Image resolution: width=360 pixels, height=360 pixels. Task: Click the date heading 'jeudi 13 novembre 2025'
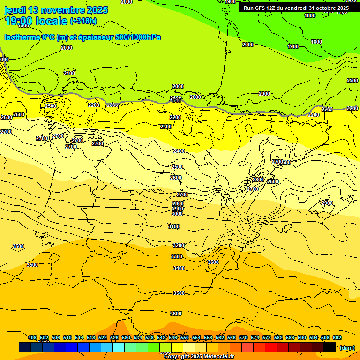point(56,10)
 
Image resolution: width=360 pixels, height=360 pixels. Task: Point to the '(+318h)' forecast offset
point(83,21)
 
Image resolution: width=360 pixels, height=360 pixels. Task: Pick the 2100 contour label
point(69,73)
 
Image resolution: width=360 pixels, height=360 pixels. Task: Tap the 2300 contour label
point(166,127)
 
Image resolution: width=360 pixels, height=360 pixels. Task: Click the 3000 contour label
point(177,214)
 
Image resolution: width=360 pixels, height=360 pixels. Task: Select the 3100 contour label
point(174,227)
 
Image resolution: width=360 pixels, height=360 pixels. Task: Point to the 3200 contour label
point(179,246)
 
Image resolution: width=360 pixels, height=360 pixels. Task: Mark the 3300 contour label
point(177,257)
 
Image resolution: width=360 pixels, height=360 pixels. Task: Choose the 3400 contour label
point(179,269)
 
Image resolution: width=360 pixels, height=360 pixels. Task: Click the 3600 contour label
point(176,314)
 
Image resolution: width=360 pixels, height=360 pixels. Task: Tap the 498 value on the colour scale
point(32,338)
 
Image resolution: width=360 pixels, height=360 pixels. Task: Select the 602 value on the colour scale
point(337,338)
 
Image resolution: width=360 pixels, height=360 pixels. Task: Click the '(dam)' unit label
point(347,348)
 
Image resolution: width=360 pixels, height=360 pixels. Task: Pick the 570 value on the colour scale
point(243,338)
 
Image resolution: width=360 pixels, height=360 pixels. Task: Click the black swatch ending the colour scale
point(330,347)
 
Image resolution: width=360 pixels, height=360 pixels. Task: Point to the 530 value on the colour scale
point(126,338)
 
